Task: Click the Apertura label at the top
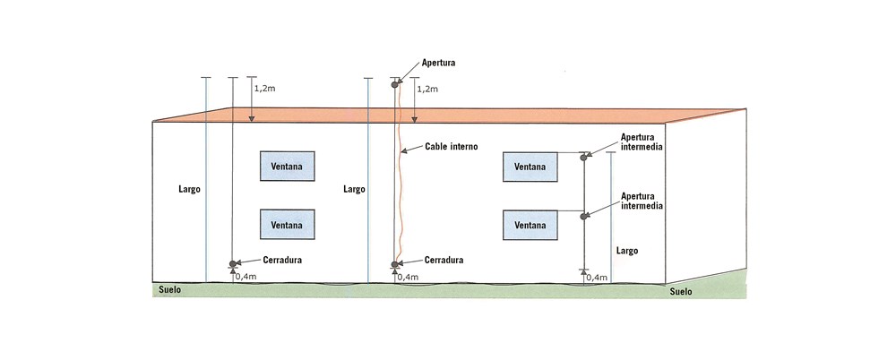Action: tap(438, 63)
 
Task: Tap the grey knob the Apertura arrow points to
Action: tap(394, 85)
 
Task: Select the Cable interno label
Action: tap(452, 147)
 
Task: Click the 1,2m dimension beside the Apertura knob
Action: tap(427, 90)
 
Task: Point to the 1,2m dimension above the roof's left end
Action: tap(264, 90)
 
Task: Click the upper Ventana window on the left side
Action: tap(288, 167)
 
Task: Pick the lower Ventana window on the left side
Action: tap(288, 225)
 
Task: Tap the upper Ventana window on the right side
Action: tap(530, 167)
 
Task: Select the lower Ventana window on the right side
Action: tap(530, 225)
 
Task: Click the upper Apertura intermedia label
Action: tap(642, 142)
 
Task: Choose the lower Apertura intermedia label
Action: tap(642, 201)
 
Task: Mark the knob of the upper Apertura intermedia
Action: tap(583, 157)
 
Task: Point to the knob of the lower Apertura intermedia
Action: tap(583, 216)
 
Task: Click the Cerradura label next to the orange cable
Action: tap(444, 260)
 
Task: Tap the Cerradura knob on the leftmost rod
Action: tap(233, 264)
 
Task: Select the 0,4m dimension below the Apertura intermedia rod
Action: tap(597, 278)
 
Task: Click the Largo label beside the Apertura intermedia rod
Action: tap(627, 251)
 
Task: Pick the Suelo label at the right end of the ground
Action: tap(681, 291)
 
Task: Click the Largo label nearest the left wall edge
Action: tap(189, 190)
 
